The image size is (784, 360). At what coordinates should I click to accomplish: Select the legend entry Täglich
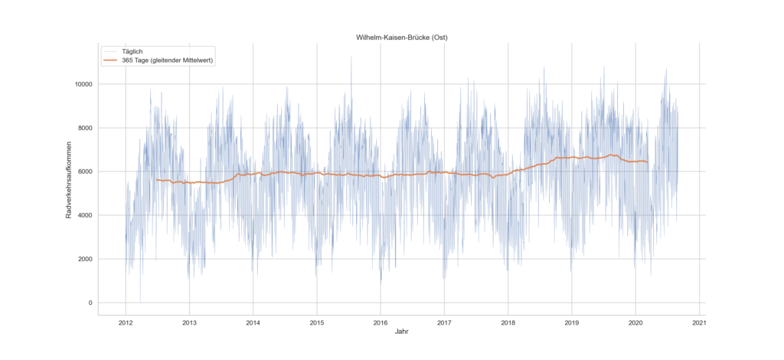tap(133, 51)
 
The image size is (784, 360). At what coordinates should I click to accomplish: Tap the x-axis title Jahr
tap(402, 332)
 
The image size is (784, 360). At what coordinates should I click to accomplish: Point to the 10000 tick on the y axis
tap(83, 84)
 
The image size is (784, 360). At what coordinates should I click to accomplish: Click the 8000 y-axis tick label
tap(85, 128)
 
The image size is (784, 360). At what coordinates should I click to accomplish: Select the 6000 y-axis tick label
tap(85, 172)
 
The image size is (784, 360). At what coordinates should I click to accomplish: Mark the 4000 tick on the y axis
tap(85, 215)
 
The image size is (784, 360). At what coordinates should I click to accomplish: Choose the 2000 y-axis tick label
tap(85, 259)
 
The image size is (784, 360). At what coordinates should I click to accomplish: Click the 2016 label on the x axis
tap(381, 322)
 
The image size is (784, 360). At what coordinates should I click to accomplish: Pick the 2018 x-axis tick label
tap(508, 322)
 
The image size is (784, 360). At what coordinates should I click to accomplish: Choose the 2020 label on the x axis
tap(635, 322)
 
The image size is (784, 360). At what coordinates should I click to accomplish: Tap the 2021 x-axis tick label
tap(699, 322)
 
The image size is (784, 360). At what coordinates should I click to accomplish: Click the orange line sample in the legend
tap(111, 61)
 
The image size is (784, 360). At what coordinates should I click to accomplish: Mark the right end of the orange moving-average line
tap(648, 162)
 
